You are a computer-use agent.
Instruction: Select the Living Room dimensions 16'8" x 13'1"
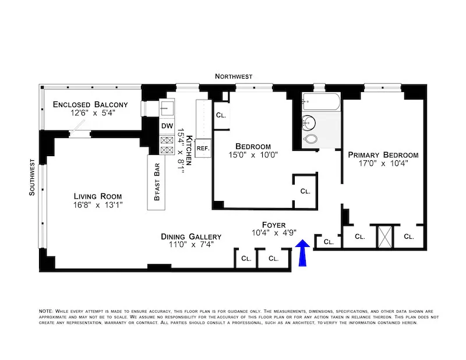(x=97, y=205)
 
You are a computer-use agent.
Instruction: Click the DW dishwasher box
(x=167, y=125)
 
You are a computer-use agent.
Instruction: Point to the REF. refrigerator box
(x=203, y=149)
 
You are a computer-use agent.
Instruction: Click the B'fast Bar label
(x=157, y=182)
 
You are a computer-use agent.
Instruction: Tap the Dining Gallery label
(x=191, y=237)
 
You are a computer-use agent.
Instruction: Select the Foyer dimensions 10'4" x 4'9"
(x=273, y=232)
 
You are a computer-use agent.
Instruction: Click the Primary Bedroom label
(x=383, y=155)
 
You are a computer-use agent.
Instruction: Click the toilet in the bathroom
(x=312, y=140)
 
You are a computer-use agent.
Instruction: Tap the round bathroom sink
(x=310, y=123)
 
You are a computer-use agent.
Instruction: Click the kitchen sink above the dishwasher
(x=167, y=109)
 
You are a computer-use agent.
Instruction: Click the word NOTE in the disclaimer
(x=45, y=312)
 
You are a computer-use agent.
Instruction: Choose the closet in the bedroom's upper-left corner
(x=221, y=115)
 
